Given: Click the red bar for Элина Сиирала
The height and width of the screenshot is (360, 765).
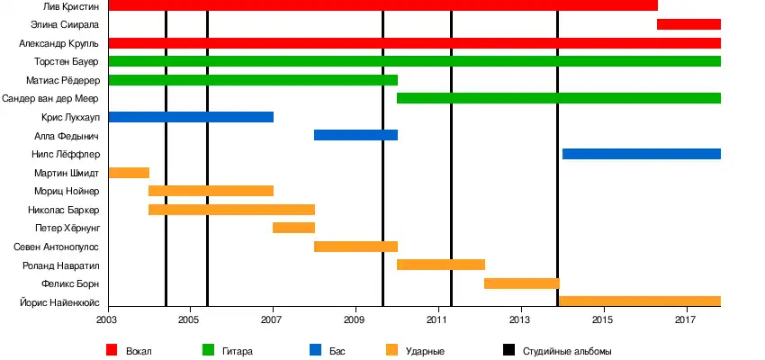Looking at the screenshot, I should pyautogui.click(x=688, y=24).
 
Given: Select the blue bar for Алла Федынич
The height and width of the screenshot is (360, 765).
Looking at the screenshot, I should pyautogui.click(x=355, y=135).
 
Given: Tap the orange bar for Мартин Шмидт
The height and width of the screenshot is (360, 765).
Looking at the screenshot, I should pyautogui.click(x=129, y=173).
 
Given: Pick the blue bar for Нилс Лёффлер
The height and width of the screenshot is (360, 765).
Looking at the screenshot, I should pyautogui.click(x=641, y=154).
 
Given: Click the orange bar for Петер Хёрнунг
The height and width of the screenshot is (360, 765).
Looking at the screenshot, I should pyautogui.click(x=293, y=228).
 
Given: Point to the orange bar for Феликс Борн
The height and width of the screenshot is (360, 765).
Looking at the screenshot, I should pyautogui.click(x=521, y=283).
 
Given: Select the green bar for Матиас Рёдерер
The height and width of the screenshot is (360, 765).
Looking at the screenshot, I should pyautogui.click(x=253, y=80).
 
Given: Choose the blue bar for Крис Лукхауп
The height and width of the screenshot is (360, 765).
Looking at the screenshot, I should pyautogui.click(x=191, y=117).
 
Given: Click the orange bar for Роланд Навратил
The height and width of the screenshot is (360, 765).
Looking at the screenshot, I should pyautogui.click(x=441, y=265).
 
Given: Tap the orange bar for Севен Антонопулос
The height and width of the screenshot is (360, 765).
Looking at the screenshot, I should pyautogui.click(x=355, y=247).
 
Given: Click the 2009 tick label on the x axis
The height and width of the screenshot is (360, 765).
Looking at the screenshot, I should pyautogui.click(x=355, y=319).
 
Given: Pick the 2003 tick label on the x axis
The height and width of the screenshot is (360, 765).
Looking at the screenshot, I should pyautogui.click(x=107, y=319).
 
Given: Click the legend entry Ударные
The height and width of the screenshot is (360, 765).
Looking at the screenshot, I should pyautogui.click(x=425, y=350).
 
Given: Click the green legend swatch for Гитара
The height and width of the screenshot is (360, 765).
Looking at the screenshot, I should pyautogui.click(x=209, y=350).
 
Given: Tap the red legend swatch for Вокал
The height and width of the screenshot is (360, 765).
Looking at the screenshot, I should pyautogui.click(x=112, y=350).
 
